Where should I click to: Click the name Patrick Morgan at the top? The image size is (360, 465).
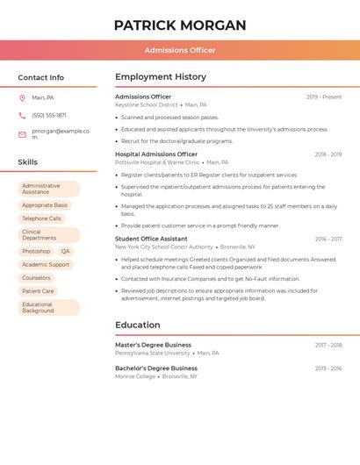pos(180,25)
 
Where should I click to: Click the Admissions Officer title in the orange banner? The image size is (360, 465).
pos(180,50)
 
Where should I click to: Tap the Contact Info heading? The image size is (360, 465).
pos(41,77)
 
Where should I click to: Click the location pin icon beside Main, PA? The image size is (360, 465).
pos(22,97)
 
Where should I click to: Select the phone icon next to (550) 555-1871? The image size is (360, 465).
pos(22,115)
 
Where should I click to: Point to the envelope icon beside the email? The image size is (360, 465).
pos(22,134)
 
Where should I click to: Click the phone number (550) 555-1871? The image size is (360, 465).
pos(49,115)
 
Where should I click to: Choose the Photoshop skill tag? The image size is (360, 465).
pos(36,251)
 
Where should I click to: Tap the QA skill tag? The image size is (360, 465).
pos(66,251)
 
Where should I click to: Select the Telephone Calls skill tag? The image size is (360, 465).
pos(41,218)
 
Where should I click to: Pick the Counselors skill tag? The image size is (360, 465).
pos(36,277)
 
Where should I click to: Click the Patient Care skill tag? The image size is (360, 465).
pos(38,290)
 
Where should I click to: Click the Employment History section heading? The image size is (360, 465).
pos(161,77)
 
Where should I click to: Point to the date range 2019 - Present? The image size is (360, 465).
pos(324,97)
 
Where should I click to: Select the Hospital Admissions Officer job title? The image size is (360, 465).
pos(156,154)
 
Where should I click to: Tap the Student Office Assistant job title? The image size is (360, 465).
pos(151,239)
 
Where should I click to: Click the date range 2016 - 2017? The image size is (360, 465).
pos(328,239)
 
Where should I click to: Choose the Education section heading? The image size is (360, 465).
pos(138,325)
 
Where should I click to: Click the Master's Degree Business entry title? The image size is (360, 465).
pos(153,345)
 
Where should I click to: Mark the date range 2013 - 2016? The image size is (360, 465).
pos(328,368)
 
